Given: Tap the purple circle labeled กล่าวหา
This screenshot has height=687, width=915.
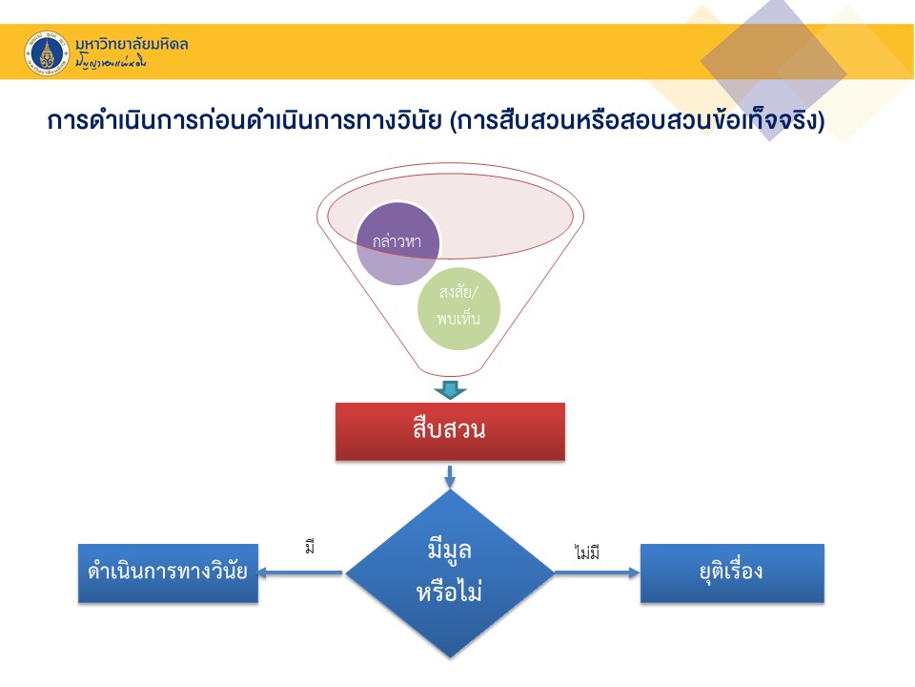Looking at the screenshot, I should point(398,242).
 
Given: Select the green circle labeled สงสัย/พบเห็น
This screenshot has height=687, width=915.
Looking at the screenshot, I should point(458,308).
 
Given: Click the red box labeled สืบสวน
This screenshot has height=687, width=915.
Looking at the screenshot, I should point(450,431).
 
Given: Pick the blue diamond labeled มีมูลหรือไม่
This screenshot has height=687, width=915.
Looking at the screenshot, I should point(450,573).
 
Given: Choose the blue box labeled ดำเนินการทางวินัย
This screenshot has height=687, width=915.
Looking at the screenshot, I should point(168,573).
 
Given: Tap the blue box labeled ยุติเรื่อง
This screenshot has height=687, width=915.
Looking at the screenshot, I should point(731,573).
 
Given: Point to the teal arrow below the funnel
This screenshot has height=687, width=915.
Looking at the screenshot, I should point(450,389).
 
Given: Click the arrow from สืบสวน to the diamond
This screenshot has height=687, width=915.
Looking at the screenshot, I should point(450,475).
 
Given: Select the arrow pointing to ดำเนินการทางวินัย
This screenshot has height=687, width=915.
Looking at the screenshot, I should point(300,573).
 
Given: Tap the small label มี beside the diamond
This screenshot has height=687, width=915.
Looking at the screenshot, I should point(309,548).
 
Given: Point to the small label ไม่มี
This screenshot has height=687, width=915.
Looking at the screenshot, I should point(587,552).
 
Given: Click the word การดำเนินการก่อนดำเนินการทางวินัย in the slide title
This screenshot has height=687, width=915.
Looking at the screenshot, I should point(244,123).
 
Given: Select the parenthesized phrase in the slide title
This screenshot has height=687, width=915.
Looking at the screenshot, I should point(637,123).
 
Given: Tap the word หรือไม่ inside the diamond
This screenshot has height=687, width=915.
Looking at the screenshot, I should point(450,592).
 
